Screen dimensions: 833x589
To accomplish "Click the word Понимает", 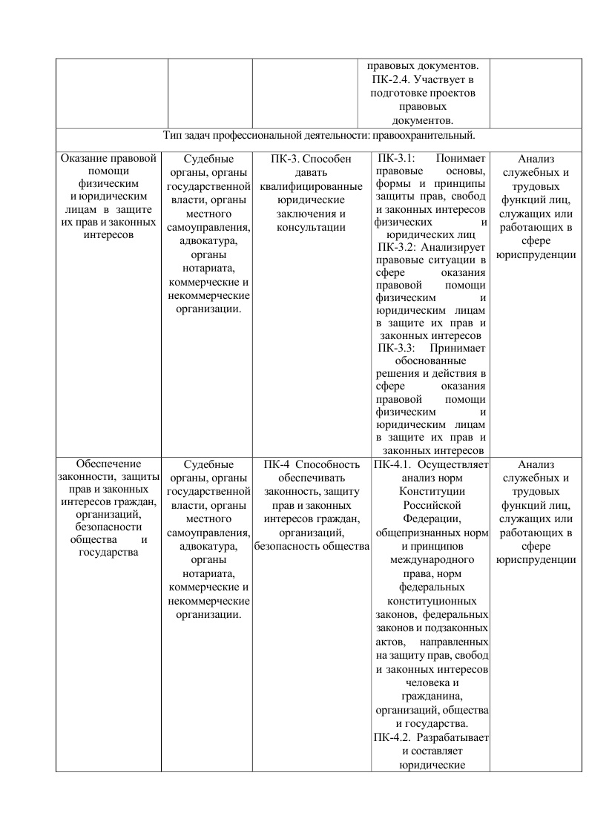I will (461, 158).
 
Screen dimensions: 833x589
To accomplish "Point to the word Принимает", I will (457, 347).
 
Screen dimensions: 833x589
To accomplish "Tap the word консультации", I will (312, 226).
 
